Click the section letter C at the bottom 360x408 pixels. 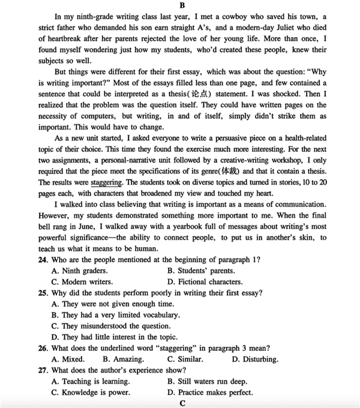coord(180,403)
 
